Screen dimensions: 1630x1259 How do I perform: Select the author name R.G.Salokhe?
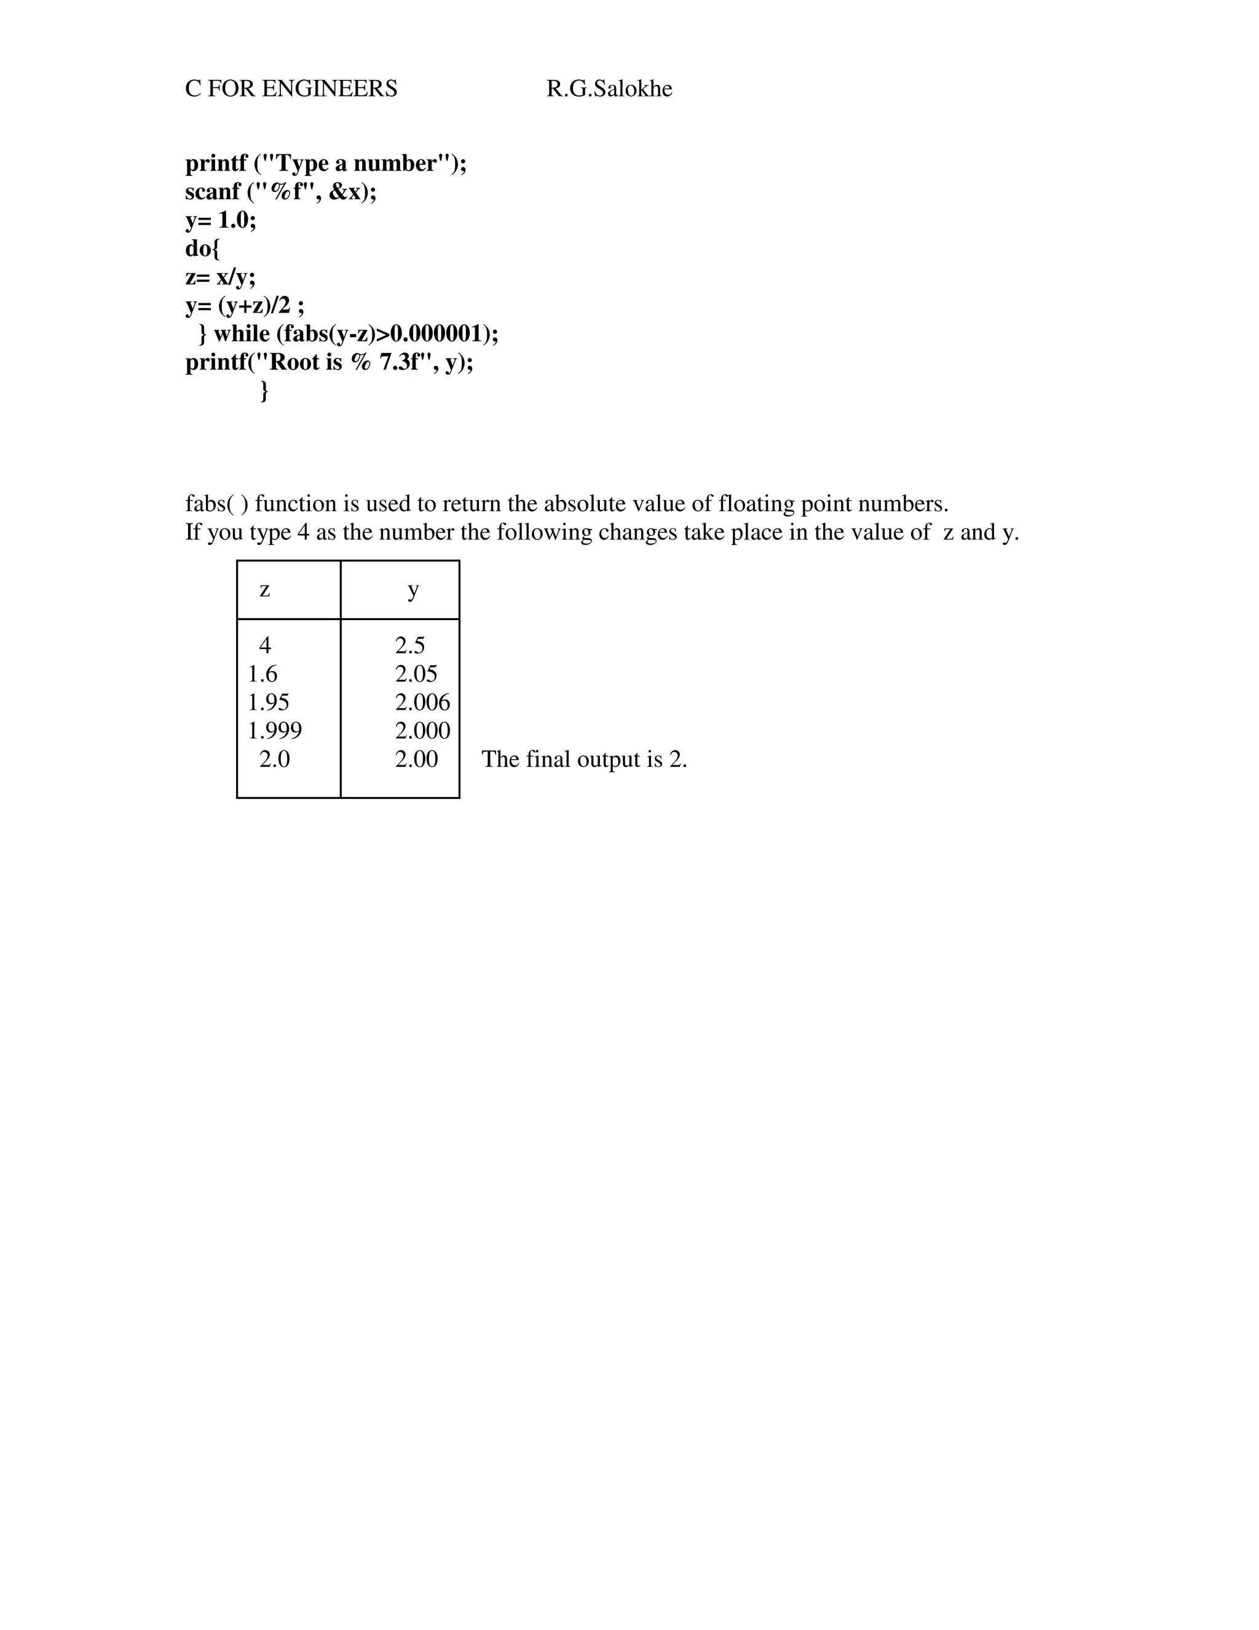coord(609,89)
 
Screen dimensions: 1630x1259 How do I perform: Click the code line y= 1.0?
coord(220,220)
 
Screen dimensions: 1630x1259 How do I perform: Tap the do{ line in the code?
coord(202,248)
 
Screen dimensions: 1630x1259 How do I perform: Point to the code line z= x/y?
coord(220,277)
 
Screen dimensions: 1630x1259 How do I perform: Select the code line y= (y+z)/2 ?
coord(245,305)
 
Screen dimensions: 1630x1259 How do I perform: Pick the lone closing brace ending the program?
coord(264,391)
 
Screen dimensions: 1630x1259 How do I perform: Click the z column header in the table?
coord(265,590)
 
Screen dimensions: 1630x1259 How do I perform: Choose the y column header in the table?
coord(413,590)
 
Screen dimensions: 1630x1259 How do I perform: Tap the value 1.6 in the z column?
coord(262,674)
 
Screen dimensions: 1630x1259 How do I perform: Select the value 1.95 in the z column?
coord(269,702)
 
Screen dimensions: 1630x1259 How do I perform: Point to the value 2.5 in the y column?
coord(409,646)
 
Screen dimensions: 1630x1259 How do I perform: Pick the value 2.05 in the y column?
coord(416,674)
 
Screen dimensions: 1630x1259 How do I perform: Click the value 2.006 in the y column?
coord(422,702)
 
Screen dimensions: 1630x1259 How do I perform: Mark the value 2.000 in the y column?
coord(422,731)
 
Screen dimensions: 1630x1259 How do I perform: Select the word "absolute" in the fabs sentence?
coord(584,504)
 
